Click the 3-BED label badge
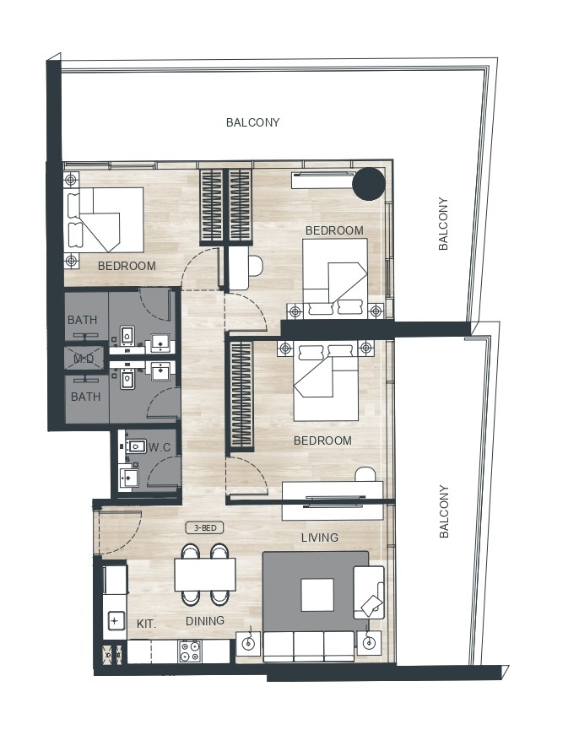tap(204, 527)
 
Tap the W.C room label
tap(160, 446)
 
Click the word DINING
tap(205, 621)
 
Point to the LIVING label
tap(320, 538)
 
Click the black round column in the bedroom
tap(368, 183)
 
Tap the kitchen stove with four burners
tap(190, 651)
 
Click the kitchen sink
tap(115, 622)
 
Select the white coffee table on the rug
tap(317, 595)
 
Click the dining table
tap(205, 576)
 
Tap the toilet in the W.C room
tap(136, 445)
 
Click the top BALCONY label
tap(252, 122)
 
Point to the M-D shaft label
tap(84, 359)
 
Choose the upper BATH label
tap(84, 320)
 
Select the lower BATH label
tap(85, 397)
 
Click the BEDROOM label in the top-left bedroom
tap(127, 266)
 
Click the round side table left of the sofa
tap(249, 643)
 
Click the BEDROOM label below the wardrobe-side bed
tap(322, 440)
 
